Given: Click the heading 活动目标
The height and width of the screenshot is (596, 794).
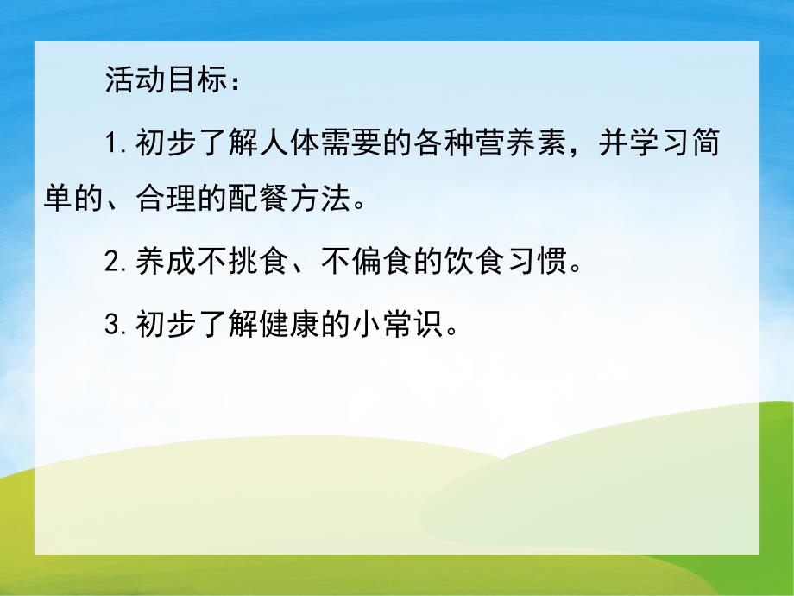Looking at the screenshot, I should point(167,81).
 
